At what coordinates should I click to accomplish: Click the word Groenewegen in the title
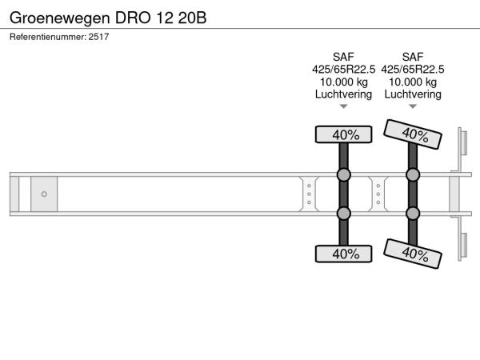[x=60, y=18]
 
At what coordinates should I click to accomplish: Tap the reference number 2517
[x=98, y=37]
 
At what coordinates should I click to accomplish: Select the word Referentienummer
[x=47, y=37]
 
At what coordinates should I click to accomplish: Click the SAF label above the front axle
[x=343, y=57]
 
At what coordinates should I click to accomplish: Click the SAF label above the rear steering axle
[x=413, y=57]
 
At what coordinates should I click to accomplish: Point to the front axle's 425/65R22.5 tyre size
[x=343, y=70]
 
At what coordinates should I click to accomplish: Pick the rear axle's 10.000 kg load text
[x=413, y=82]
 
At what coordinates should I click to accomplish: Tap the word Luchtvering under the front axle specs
[x=343, y=94]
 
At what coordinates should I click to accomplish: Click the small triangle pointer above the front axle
[x=343, y=106]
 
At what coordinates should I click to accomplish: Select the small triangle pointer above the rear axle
[x=413, y=106]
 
